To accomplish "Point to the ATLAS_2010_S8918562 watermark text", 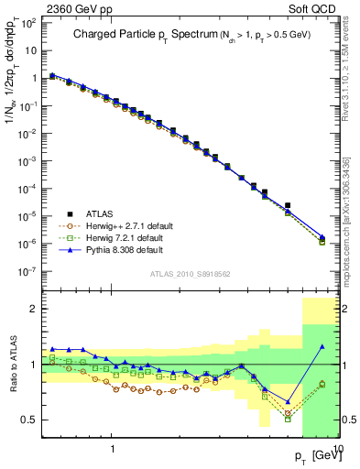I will (189, 273).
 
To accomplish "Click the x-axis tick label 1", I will (112, 450).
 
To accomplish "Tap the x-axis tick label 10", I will (336, 450).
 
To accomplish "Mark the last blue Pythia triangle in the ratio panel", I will (322, 346).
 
